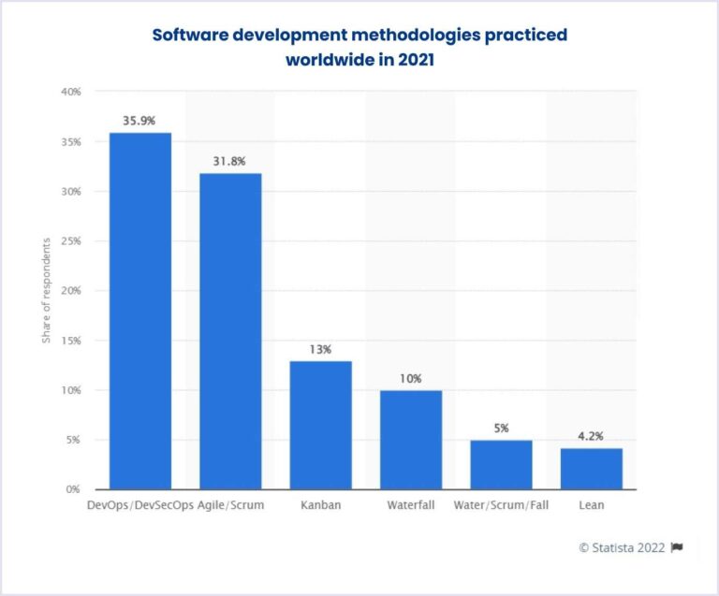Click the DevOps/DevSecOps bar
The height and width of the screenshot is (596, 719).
(x=140, y=311)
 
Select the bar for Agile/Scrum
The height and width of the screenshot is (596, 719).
(x=230, y=331)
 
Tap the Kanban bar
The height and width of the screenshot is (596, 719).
(x=320, y=425)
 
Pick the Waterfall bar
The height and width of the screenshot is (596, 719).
(x=410, y=440)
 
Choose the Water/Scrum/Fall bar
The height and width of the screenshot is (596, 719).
(x=501, y=464)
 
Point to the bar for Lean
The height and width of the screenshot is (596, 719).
(x=591, y=468)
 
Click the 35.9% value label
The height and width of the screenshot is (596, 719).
(x=140, y=121)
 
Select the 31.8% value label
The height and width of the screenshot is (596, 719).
(x=230, y=161)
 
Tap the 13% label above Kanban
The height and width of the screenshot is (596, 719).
(x=320, y=348)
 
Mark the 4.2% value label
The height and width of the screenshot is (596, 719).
(x=591, y=435)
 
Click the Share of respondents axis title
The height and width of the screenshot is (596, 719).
(x=46, y=291)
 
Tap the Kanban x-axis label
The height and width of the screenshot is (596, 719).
(x=320, y=506)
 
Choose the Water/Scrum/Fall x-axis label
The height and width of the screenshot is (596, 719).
(x=501, y=506)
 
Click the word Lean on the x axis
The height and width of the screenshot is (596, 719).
(x=591, y=506)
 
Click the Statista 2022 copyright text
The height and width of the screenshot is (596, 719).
(x=622, y=547)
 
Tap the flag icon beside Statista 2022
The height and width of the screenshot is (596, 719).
(x=677, y=547)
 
